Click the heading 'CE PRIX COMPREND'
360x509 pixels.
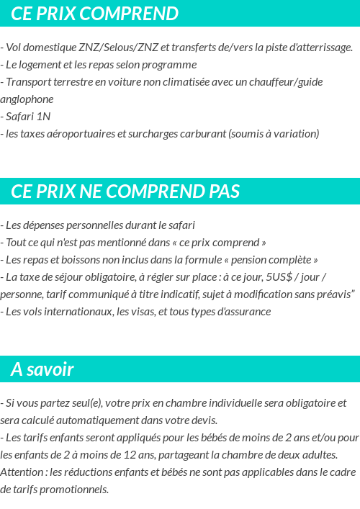(94, 14)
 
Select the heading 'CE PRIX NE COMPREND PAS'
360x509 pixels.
(125, 192)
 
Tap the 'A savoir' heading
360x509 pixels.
(42, 369)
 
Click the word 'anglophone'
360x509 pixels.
(27, 99)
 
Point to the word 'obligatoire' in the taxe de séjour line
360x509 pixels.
(116, 276)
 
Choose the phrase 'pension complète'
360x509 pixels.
(275, 259)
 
